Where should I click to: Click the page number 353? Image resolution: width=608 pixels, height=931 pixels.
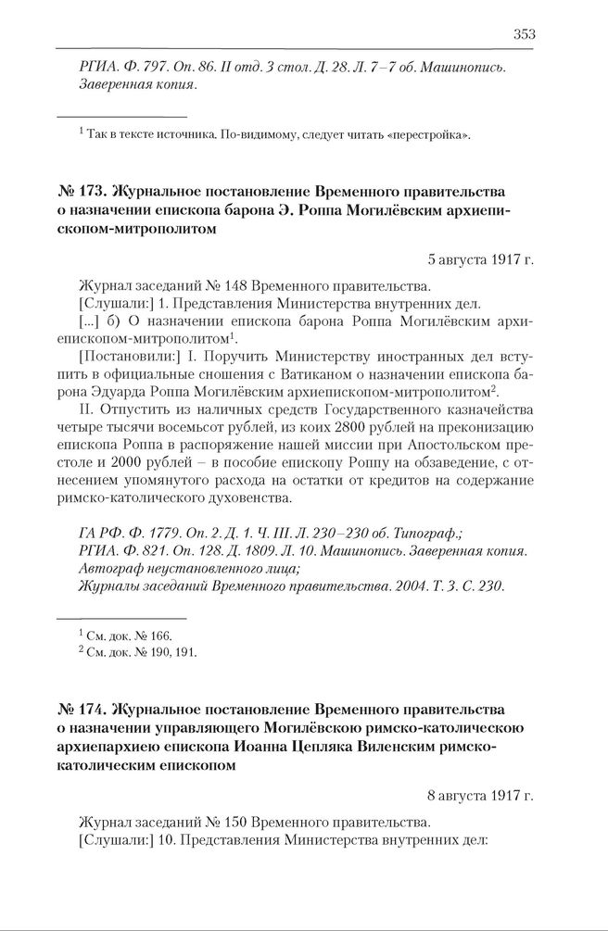524,34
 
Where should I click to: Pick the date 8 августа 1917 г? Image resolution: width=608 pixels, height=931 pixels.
481,795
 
